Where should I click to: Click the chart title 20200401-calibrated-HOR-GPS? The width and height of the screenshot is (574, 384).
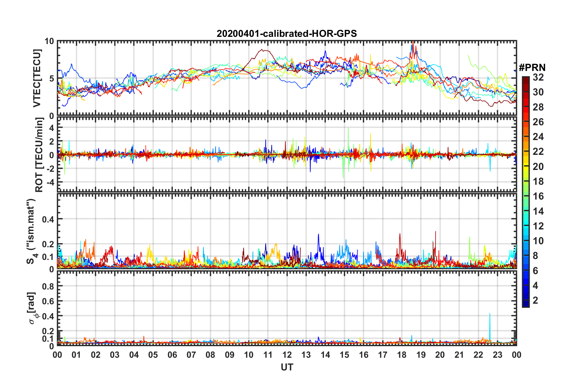tap(287, 34)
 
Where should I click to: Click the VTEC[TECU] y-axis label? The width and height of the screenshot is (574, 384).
tap(37, 78)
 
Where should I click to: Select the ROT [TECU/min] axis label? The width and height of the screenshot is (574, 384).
tap(39, 155)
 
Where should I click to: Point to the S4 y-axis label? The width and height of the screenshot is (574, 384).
tap(31, 231)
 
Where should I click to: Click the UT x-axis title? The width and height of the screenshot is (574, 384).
tap(287, 367)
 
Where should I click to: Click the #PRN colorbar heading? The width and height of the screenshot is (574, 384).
tap(532, 67)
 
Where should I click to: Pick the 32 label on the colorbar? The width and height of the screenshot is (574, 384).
tap(538, 77)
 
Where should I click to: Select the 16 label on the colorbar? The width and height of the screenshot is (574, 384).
tap(538, 196)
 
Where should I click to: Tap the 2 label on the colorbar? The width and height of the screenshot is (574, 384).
tap(535, 300)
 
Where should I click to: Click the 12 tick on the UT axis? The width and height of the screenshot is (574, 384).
tap(287, 355)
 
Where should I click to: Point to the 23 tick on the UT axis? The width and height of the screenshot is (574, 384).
tap(497, 355)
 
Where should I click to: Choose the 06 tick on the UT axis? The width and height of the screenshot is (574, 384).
tap(172, 355)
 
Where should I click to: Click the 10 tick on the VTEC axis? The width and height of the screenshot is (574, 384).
tap(49, 41)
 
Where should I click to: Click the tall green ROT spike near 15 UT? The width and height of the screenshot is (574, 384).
tap(348, 128)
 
